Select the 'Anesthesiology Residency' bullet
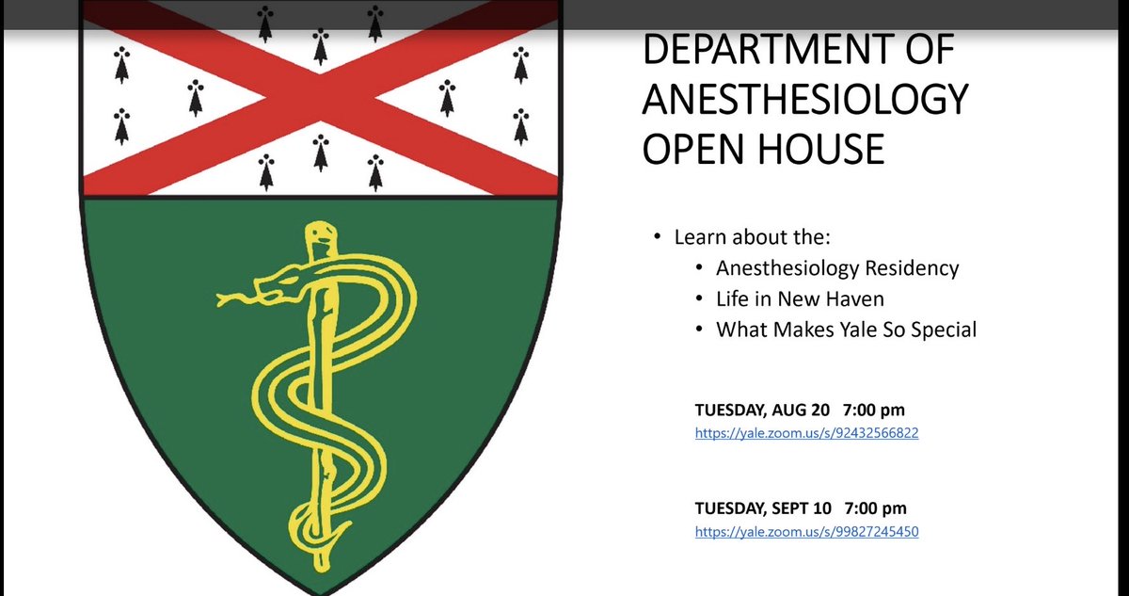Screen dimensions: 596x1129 [837, 268]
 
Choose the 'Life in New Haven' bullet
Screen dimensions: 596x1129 [800, 299]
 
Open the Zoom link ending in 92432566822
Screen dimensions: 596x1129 [806, 433]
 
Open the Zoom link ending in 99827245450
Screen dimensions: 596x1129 [806, 532]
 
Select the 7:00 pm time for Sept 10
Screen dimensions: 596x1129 [881, 507]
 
